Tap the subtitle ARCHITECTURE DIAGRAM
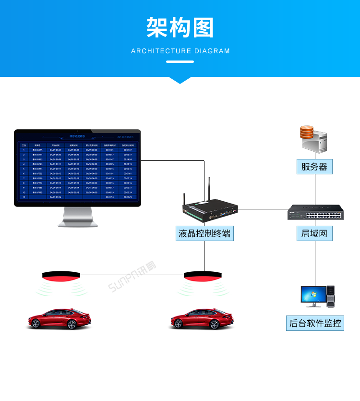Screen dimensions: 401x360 [180, 51]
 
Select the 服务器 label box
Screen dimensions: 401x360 [314, 167]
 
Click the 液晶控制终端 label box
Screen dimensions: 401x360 [204, 234]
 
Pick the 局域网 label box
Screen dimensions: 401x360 [314, 234]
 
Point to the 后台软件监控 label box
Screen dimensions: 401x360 [315, 323]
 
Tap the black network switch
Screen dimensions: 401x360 [315, 212]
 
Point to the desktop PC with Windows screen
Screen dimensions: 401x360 [317, 296]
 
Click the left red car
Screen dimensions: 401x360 [59, 319]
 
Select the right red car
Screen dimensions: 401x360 [202, 319]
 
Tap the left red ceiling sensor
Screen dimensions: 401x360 [60, 276]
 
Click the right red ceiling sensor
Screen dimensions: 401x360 [203, 276]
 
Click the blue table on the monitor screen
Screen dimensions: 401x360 [77, 170]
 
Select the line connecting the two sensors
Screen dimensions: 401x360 [132, 275]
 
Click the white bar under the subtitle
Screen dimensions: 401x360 [180, 61]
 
